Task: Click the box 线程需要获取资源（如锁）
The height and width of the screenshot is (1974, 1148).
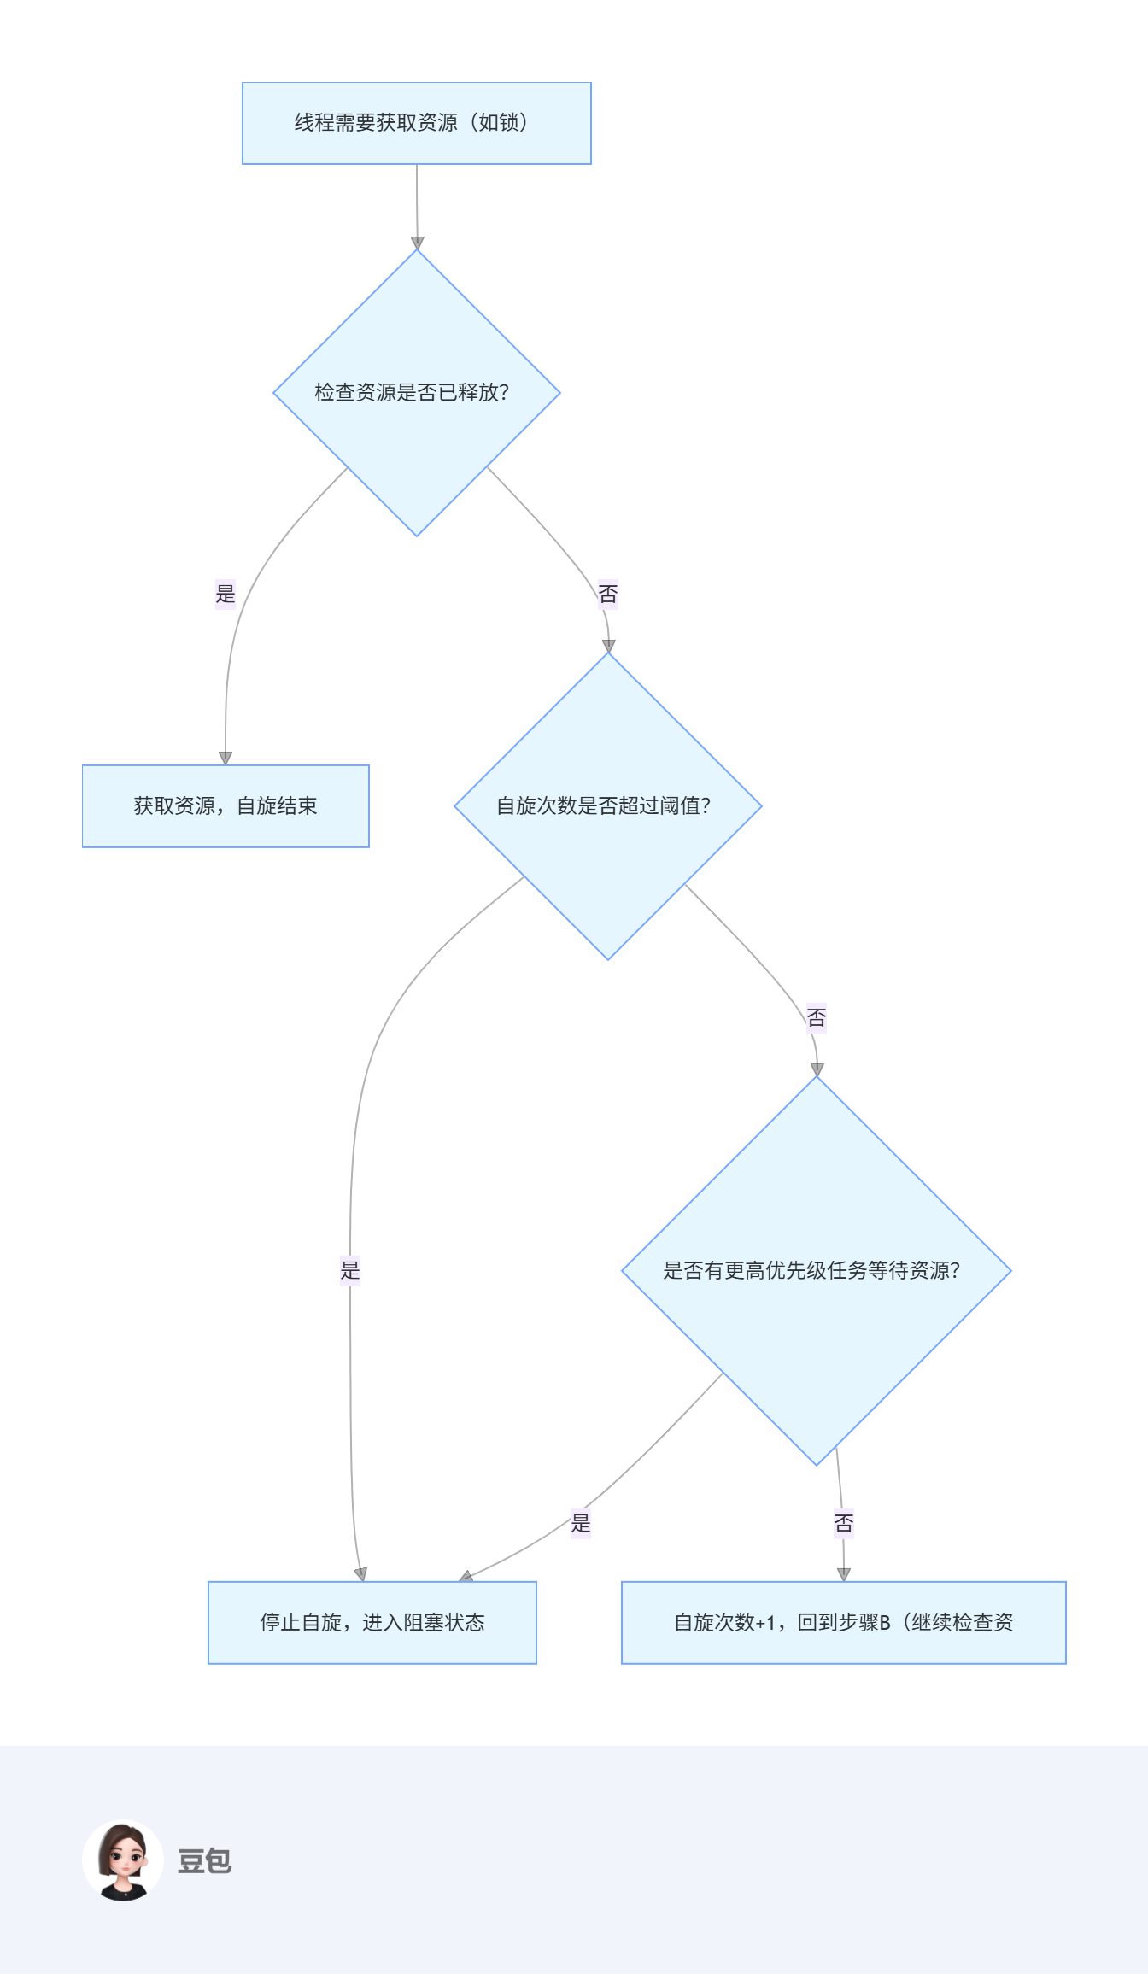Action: (x=417, y=123)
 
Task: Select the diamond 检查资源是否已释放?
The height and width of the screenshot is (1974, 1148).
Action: (x=417, y=393)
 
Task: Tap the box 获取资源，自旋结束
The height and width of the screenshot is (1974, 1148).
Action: (x=225, y=806)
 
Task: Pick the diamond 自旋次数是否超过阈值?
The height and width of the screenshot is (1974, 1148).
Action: (x=608, y=806)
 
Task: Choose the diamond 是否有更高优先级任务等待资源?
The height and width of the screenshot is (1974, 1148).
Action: (x=817, y=1271)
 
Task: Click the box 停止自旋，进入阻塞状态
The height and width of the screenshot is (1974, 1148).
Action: (x=372, y=1623)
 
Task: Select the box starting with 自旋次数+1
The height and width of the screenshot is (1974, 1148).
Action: (x=844, y=1623)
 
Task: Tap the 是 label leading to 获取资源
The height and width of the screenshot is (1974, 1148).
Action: (x=225, y=594)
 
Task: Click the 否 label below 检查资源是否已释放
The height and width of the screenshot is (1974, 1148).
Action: (x=608, y=594)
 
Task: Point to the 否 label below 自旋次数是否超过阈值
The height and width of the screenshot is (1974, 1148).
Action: (x=817, y=1017)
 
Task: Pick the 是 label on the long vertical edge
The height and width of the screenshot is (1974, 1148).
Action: (x=350, y=1270)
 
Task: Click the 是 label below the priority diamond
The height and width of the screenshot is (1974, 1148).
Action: (x=581, y=1523)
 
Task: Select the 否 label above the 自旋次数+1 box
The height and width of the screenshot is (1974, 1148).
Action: (x=844, y=1523)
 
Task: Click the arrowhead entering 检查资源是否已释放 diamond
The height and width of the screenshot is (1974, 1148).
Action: (x=417, y=243)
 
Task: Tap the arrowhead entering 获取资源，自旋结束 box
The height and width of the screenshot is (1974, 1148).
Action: (x=225, y=759)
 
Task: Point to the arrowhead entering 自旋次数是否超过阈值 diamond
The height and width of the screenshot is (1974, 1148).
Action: (x=608, y=647)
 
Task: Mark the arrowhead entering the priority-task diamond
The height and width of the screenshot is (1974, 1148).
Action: (x=817, y=1070)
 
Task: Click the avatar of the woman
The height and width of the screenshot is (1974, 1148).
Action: (x=123, y=1861)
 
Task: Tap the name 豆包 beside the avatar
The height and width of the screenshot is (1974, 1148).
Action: (x=204, y=1861)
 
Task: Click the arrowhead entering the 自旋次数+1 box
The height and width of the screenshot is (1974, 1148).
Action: (x=844, y=1575)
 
